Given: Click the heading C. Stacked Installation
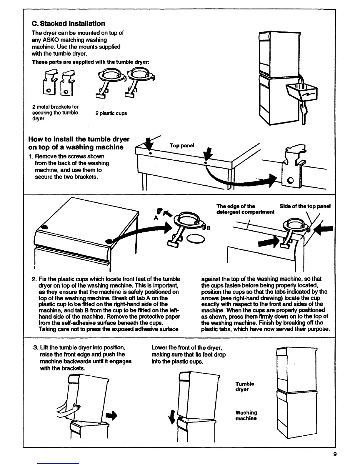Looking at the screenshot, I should [68, 24].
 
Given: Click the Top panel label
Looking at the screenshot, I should [182, 146].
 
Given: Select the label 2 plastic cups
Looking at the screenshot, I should [111, 113].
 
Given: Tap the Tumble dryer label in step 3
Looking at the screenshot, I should [245, 387].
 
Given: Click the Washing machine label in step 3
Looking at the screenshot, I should [246, 415].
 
